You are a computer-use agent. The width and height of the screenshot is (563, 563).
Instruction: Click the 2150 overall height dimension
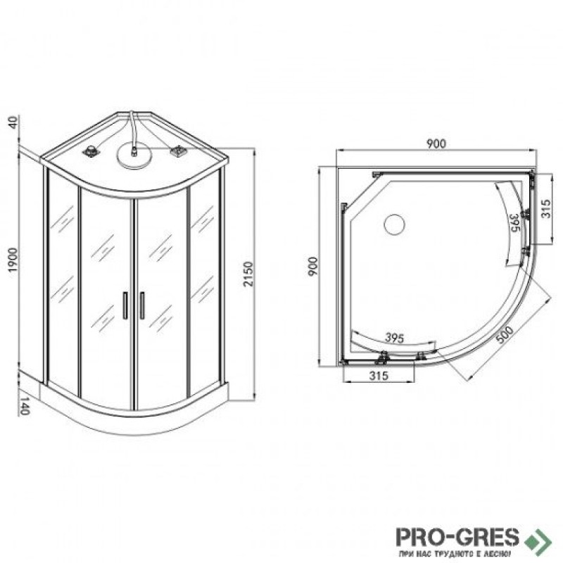pyautogui.click(x=248, y=274)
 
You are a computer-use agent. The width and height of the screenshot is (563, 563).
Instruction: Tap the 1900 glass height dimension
pyautogui.click(x=13, y=260)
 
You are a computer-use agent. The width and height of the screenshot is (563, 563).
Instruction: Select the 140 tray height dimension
pyautogui.click(x=24, y=406)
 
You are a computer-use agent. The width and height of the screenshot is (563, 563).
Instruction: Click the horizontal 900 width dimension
pyautogui.click(x=436, y=144)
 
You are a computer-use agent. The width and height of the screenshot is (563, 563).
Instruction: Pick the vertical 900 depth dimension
pyautogui.click(x=313, y=266)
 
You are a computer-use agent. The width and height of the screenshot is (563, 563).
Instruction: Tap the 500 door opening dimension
pyautogui.click(x=505, y=335)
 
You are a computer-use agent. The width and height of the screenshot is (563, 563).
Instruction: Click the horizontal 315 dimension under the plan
pyautogui.click(x=379, y=376)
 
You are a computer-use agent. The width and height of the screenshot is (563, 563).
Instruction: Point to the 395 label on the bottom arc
pyautogui.click(x=394, y=338)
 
